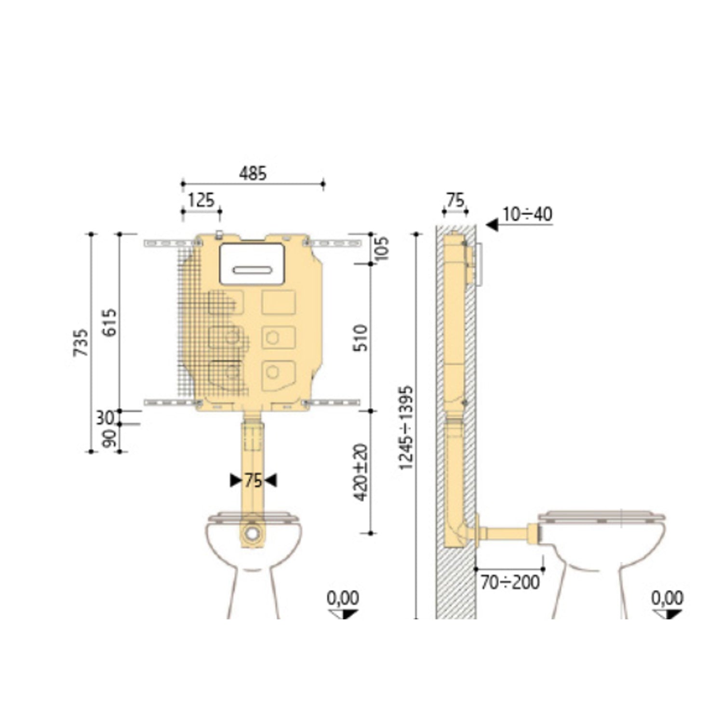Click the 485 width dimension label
click(253, 174)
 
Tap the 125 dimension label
click(201, 200)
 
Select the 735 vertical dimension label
click(81, 342)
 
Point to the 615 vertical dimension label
click(110, 322)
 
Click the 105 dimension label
click(382, 248)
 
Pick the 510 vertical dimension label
click(361, 338)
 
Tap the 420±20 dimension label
click(361, 472)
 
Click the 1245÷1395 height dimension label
click(406, 428)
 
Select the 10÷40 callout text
click(527, 214)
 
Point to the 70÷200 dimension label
click(510, 582)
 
